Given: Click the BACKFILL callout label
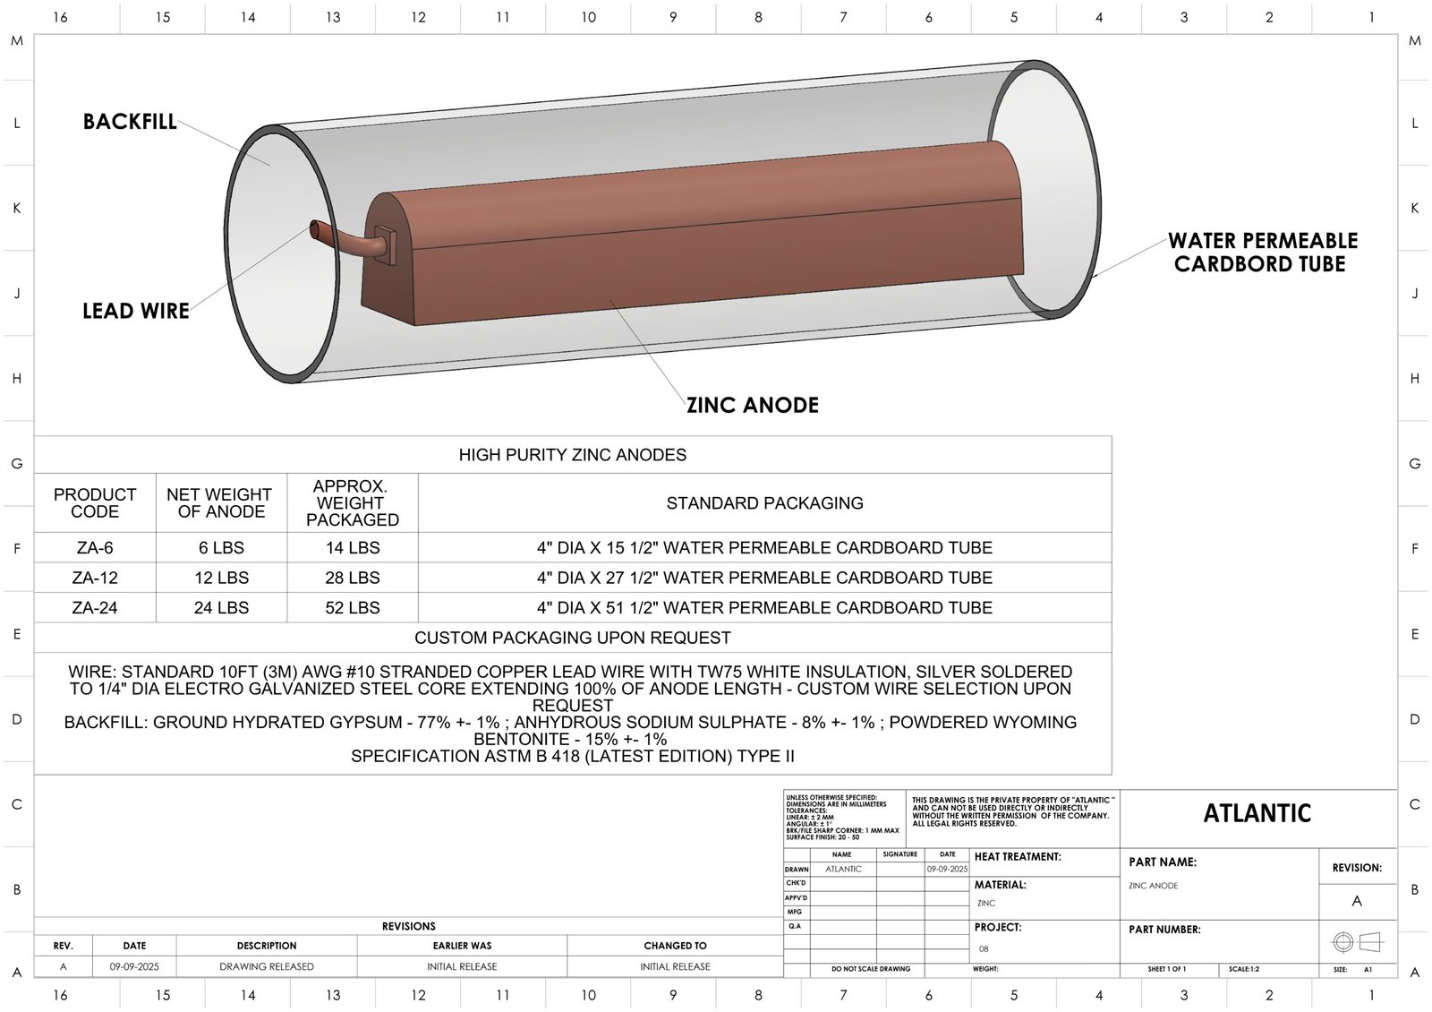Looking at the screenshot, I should click(130, 122).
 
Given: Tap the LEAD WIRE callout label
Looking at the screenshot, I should click(136, 312).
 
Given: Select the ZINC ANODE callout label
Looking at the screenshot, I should click(752, 406).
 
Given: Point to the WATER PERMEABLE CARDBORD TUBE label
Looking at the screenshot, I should click(1262, 253).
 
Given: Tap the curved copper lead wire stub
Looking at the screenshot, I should click(340, 239).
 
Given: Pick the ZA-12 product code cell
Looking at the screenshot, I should click(95, 578).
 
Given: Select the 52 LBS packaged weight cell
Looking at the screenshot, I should click(352, 608).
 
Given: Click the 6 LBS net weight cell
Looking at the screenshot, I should click(221, 548).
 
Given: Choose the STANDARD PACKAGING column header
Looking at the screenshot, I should click(764, 503).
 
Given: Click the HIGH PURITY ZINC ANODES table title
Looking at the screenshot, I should click(573, 455).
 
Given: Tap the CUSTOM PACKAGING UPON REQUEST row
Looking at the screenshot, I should click(573, 639).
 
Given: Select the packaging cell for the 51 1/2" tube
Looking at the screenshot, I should click(764, 608).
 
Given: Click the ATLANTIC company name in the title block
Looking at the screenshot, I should click(1257, 813).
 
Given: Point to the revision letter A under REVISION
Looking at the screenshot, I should click(1357, 901).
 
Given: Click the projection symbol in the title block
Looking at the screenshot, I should click(1357, 942).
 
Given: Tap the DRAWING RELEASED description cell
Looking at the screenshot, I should click(267, 967).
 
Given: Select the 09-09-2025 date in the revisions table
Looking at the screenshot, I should click(134, 967).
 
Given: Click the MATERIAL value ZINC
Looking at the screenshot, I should click(986, 904).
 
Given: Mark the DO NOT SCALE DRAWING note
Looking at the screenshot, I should click(870, 969).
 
